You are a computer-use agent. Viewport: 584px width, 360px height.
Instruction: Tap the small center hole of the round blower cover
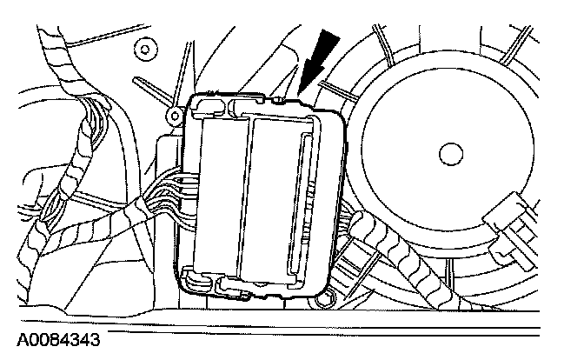(449, 153)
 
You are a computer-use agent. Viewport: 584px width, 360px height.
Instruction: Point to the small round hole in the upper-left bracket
(144, 47)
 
